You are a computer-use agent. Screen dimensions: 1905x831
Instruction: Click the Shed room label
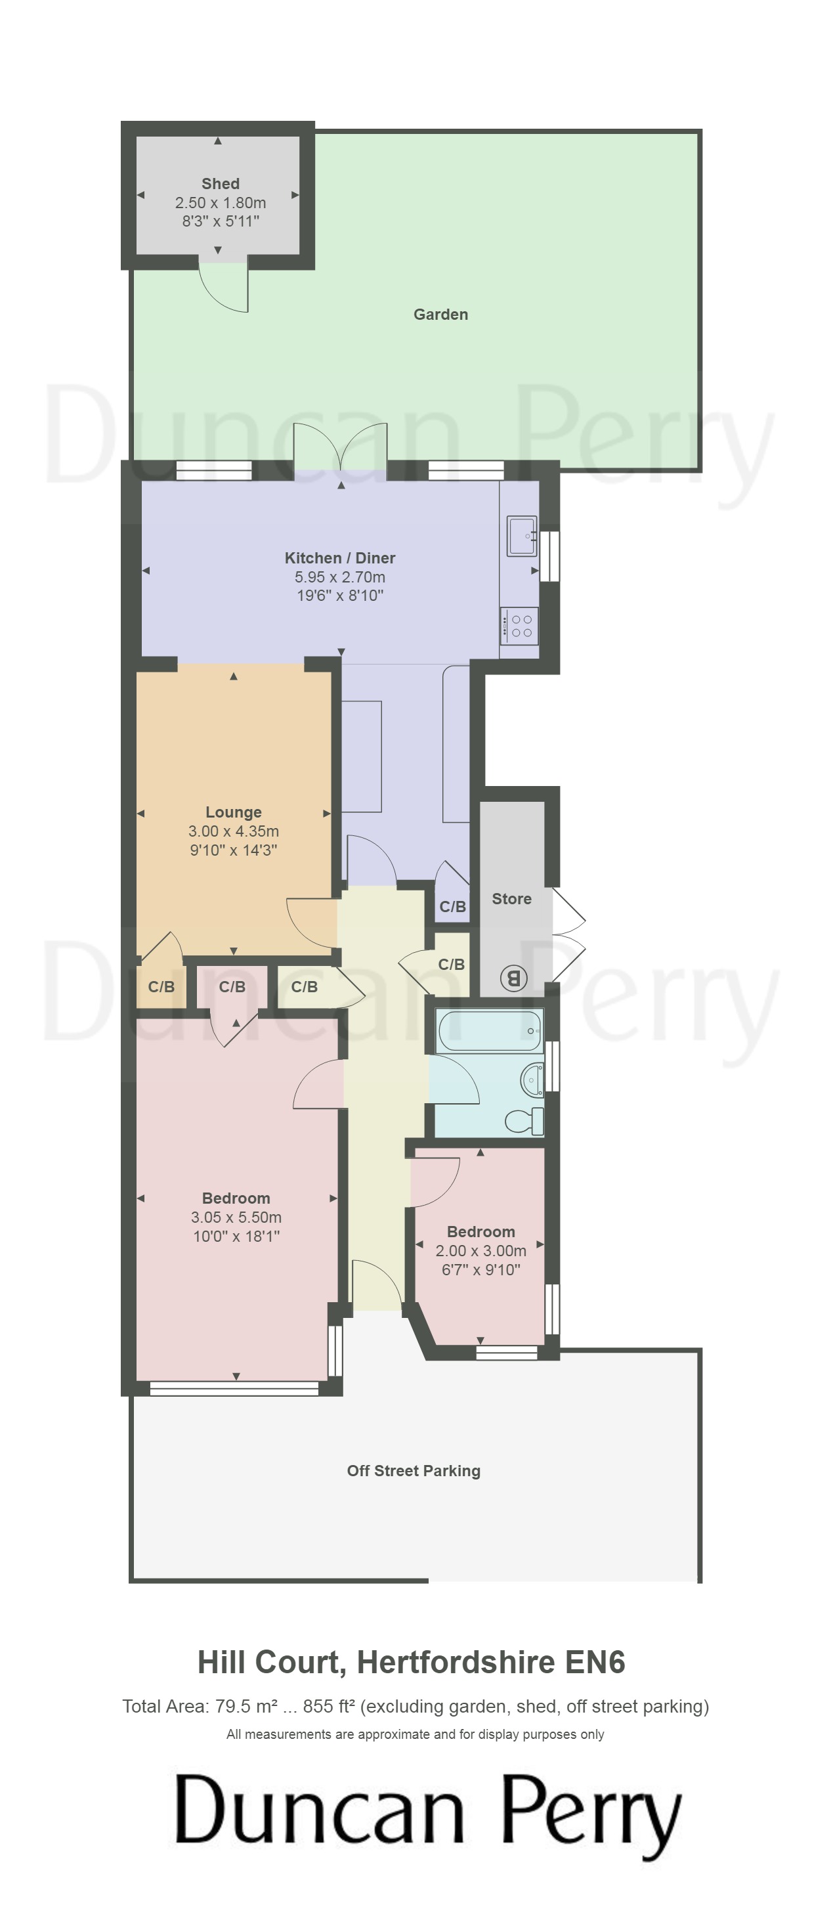pyautogui.click(x=221, y=183)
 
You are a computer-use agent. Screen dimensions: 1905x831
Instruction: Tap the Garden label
pyautogui.click(x=440, y=315)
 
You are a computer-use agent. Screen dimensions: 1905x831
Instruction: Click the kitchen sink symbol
pyautogui.click(x=521, y=535)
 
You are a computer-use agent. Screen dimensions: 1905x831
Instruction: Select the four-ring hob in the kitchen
pyautogui.click(x=520, y=626)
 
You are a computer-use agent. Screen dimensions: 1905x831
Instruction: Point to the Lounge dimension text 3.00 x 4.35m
pyautogui.click(x=233, y=831)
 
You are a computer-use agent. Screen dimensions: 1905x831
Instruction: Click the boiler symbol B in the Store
pyautogui.click(x=513, y=978)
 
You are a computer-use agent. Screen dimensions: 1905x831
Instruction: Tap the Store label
pyautogui.click(x=511, y=898)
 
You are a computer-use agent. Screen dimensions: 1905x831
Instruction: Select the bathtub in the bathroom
pyautogui.click(x=490, y=1030)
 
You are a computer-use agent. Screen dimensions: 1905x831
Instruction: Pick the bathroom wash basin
pyautogui.click(x=533, y=1080)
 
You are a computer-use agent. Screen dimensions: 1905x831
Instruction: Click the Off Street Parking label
pyautogui.click(x=414, y=1471)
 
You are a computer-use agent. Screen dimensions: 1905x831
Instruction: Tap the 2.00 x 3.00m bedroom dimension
pyautogui.click(x=480, y=1250)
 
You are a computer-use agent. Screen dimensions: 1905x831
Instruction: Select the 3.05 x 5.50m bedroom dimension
pyautogui.click(x=236, y=1217)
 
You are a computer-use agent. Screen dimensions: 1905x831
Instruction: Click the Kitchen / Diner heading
pyautogui.click(x=339, y=558)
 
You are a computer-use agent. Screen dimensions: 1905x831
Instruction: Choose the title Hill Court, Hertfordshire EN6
pyautogui.click(x=411, y=1663)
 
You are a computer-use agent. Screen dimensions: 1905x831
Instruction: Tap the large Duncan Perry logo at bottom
pyautogui.click(x=427, y=1812)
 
